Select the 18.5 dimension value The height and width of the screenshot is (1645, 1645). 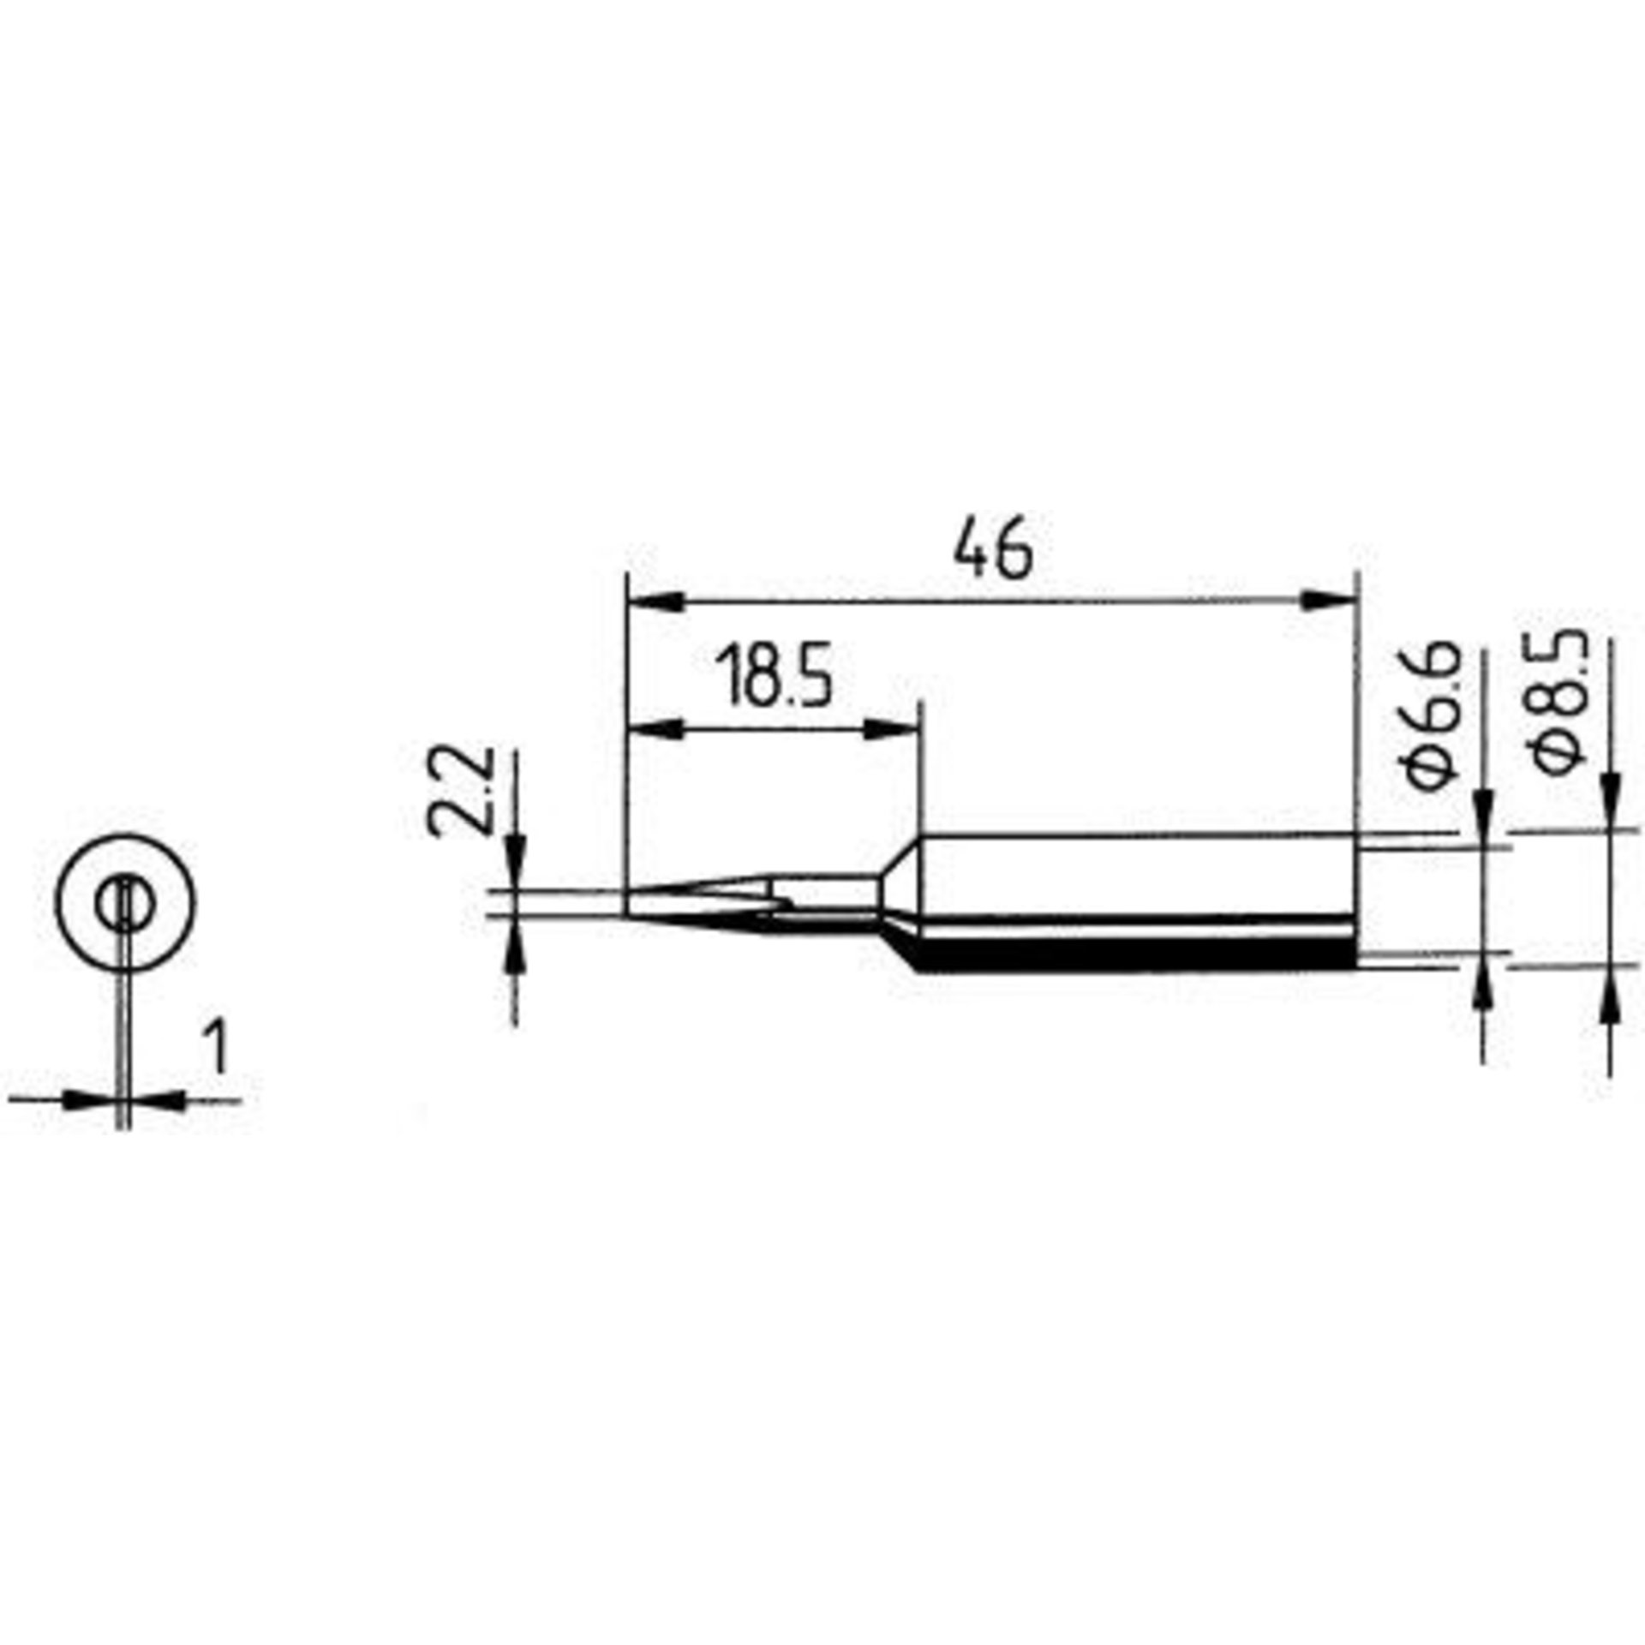[775, 677]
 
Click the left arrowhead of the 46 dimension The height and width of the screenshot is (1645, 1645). [655, 601]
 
